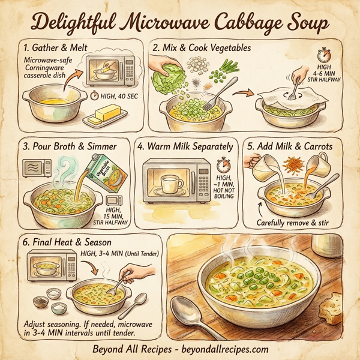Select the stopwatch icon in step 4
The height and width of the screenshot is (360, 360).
click(224, 164)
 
